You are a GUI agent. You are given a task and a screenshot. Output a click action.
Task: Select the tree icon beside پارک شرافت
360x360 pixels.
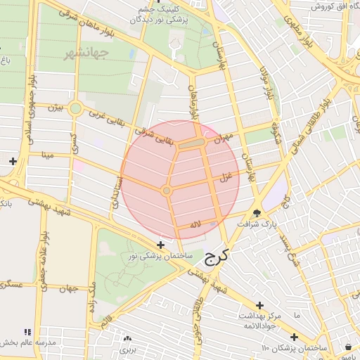click(x=257, y=214)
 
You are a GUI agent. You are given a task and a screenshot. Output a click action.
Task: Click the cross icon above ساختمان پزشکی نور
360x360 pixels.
click(x=161, y=245)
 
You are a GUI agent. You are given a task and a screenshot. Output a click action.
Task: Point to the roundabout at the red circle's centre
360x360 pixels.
click(x=167, y=191)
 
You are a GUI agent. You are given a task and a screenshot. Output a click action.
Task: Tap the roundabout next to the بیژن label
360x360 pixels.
click(x=75, y=108)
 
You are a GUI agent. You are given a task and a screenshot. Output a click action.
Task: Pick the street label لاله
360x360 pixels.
click(x=196, y=225)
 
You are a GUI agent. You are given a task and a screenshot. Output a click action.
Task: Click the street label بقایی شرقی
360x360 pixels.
click(x=163, y=134)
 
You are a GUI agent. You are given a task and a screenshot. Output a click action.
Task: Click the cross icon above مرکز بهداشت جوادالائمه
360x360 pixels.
click(x=260, y=305)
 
